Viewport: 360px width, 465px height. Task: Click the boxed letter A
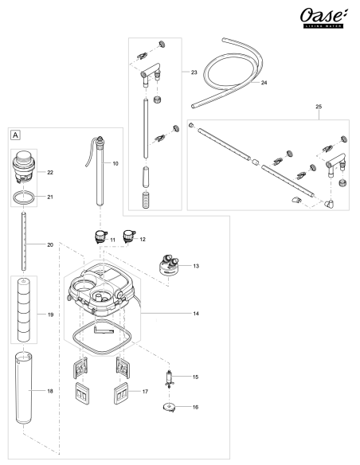click(x=16, y=135)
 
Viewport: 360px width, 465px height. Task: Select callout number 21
click(x=49, y=196)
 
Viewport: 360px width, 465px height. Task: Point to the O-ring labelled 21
click(x=26, y=195)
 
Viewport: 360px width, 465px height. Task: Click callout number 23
click(x=194, y=72)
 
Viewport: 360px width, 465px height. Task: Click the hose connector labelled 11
click(x=99, y=236)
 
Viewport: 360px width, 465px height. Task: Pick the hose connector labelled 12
click(x=127, y=236)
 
